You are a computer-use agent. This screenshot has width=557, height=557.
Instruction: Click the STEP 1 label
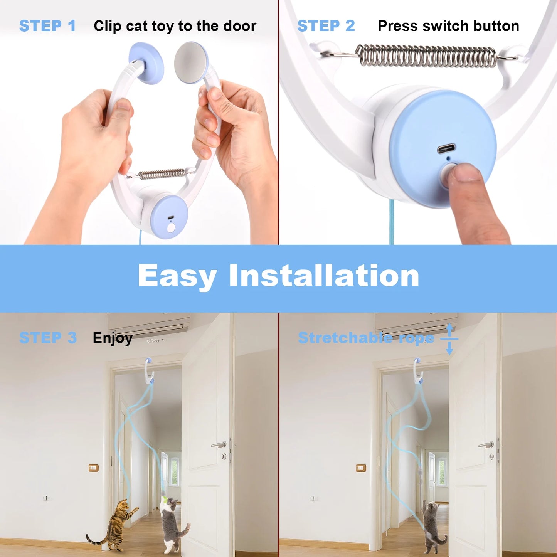pyautogui.click(x=47, y=26)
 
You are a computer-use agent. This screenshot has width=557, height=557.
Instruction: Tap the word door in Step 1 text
pyautogui.click(x=240, y=26)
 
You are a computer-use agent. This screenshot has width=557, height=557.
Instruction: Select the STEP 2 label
pyautogui.click(x=326, y=26)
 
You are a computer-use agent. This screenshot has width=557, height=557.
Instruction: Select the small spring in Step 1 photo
pyautogui.click(x=162, y=174)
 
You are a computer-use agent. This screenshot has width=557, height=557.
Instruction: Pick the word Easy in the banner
pyautogui.click(x=177, y=276)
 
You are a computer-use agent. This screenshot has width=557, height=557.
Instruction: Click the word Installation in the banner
pyautogui.click(x=324, y=276)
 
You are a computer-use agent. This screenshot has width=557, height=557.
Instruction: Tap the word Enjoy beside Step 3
pyautogui.click(x=113, y=338)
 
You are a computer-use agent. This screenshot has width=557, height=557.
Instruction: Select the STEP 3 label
pyautogui.click(x=48, y=338)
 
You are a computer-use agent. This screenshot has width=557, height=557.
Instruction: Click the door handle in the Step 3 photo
pyautogui.click(x=219, y=445)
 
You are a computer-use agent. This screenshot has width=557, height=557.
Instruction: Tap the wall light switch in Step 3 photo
pyautogui.click(x=93, y=468)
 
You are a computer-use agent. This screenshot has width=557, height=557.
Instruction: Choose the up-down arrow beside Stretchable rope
pyautogui.click(x=449, y=339)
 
